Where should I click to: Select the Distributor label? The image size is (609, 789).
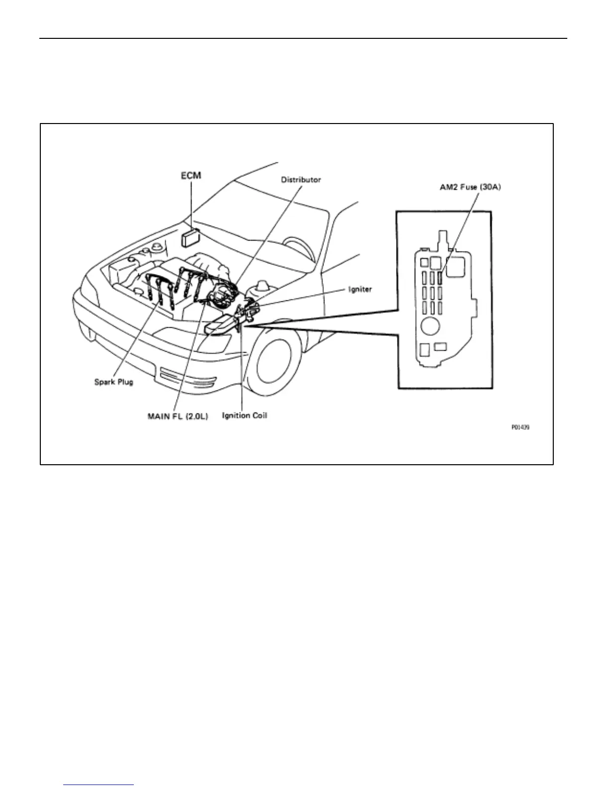301,179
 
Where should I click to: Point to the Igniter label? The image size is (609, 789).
360,289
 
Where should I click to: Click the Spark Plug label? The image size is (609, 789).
113,383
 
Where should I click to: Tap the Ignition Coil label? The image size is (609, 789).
244,415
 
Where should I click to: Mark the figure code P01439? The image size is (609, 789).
520,427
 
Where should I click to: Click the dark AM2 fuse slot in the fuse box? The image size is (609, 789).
440,277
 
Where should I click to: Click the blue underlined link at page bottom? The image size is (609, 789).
99,785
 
